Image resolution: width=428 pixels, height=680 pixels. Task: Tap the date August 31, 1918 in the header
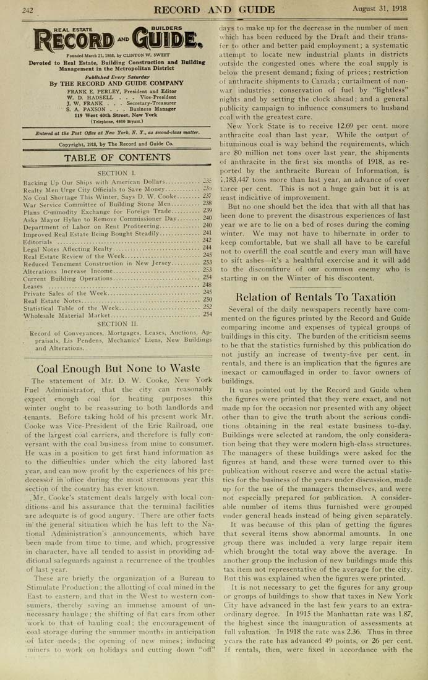(x=379, y=9)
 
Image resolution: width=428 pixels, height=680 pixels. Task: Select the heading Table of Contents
(x=117, y=158)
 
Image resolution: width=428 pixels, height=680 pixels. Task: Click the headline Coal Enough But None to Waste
(x=118, y=368)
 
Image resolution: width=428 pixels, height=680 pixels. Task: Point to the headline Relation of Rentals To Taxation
(x=315, y=297)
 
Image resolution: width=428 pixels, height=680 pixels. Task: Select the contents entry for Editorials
(x=40, y=241)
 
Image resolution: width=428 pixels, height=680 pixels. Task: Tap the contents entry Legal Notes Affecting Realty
(x=68, y=248)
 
